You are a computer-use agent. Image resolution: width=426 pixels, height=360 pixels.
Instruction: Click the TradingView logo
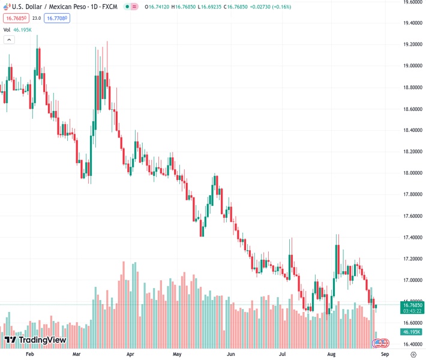click(35, 340)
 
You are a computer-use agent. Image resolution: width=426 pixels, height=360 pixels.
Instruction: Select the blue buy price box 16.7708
click(58, 18)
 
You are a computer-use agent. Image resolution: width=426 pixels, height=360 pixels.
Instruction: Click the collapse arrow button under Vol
click(9, 40)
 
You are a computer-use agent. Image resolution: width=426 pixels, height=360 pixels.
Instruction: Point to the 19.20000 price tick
click(410, 44)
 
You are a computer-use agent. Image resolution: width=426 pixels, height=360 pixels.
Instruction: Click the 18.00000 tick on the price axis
click(410, 173)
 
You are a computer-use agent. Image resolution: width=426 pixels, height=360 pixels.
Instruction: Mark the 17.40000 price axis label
click(410, 238)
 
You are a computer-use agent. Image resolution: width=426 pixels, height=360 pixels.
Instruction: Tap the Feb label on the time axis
click(30, 355)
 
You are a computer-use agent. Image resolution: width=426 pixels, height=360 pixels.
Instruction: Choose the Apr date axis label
click(130, 355)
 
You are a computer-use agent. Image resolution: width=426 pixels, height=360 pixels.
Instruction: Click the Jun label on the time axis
click(231, 355)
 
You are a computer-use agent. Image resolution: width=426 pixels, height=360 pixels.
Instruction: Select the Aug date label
click(332, 355)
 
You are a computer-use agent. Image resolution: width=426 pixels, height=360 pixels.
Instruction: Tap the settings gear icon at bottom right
click(413, 355)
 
